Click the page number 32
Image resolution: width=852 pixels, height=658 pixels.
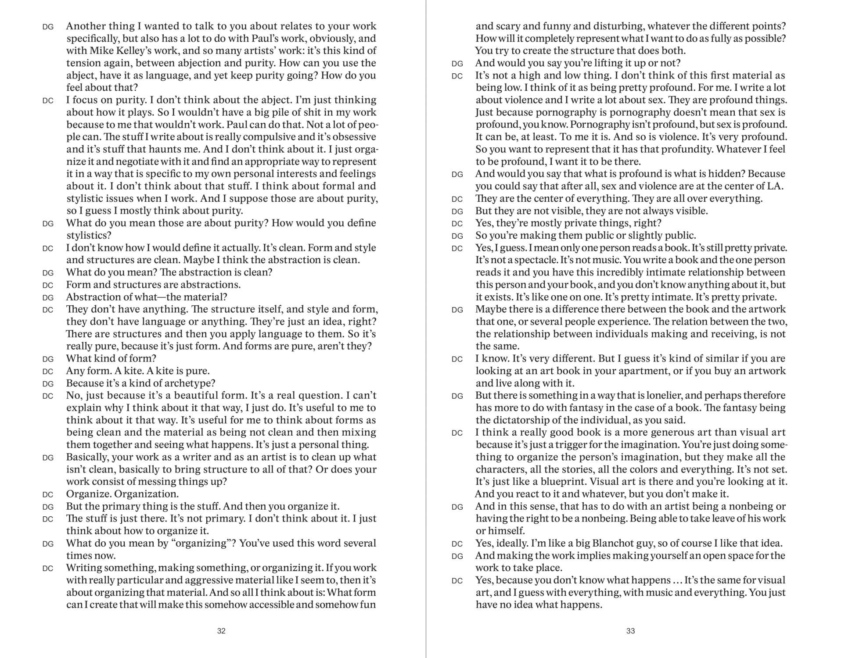(x=221, y=631)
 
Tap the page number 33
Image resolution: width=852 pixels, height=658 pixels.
(x=630, y=631)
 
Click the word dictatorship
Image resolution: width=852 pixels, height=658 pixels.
(x=521, y=420)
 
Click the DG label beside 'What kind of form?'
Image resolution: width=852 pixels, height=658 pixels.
(x=48, y=359)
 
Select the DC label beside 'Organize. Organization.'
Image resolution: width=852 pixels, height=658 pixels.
(x=48, y=495)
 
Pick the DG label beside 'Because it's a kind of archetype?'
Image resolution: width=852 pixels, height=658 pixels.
(x=48, y=384)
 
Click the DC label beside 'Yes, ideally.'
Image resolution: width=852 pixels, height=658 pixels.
(x=457, y=544)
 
